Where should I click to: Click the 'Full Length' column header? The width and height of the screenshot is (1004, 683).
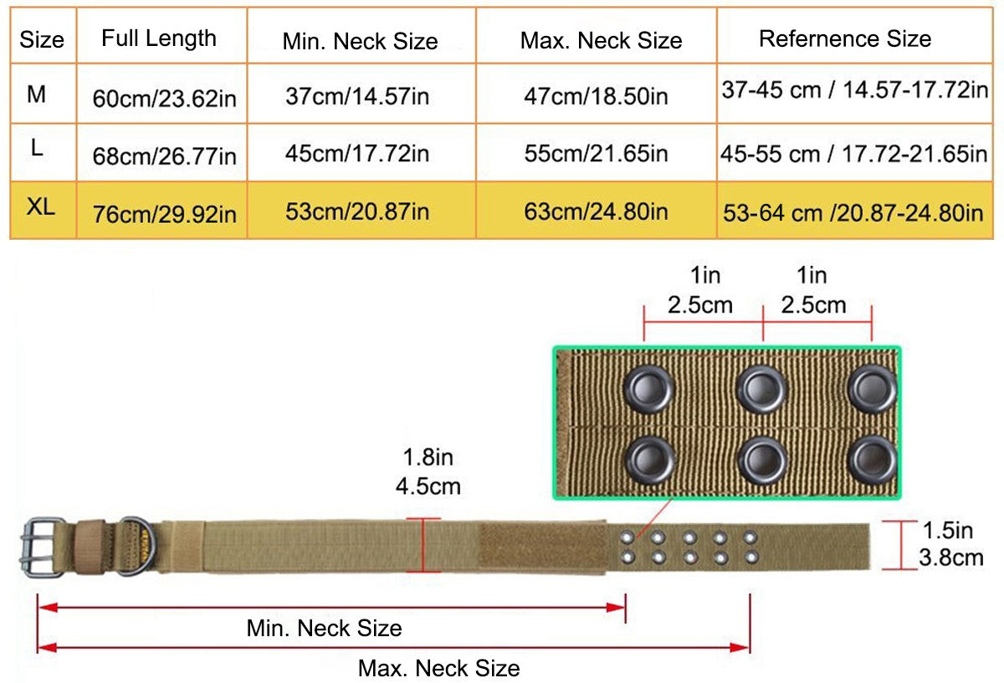tap(159, 38)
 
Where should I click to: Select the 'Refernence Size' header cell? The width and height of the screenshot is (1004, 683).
tap(845, 38)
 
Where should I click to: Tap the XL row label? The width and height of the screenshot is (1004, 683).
tap(40, 208)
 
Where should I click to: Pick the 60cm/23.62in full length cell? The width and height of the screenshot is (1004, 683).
tap(165, 99)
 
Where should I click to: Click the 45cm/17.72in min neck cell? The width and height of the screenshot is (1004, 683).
tap(357, 154)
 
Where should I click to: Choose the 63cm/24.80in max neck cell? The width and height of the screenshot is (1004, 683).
tap(596, 211)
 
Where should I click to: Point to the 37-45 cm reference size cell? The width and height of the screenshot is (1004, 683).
tap(854, 90)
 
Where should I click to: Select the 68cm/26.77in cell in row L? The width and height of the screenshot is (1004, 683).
tap(165, 155)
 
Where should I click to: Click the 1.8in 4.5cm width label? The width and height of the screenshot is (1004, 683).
tap(428, 472)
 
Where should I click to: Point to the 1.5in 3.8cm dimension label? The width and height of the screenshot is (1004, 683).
tap(950, 543)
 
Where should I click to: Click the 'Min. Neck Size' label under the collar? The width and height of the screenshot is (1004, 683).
tap(324, 628)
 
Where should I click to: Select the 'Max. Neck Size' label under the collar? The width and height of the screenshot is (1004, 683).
tap(438, 668)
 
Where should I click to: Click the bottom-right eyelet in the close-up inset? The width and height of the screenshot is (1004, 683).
tap(872, 461)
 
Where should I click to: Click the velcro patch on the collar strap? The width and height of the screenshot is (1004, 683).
tap(541, 548)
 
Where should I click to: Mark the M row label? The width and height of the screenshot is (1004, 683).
tap(37, 94)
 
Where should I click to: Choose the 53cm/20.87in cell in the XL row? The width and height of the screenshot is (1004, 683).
tap(357, 211)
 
